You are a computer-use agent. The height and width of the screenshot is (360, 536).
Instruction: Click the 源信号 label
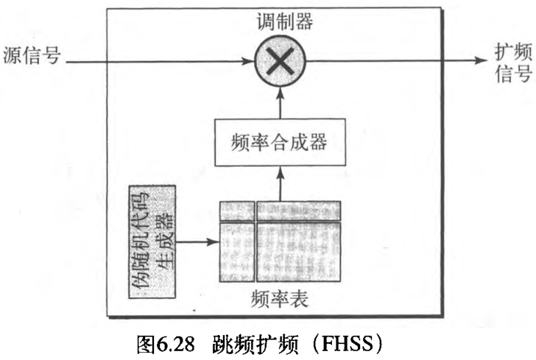click(31, 56)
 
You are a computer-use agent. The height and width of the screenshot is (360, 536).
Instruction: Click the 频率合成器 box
click(280, 141)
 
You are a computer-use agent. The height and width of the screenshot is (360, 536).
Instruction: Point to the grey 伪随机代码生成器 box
click(153, 242)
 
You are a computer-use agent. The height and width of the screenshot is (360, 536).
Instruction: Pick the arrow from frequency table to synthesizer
click(280, 183)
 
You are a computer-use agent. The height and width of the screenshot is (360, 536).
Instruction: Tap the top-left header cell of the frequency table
click(236, 211)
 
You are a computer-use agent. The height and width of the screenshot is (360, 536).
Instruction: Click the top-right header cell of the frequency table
click(298, 211)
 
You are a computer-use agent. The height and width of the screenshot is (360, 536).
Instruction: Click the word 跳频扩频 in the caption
click(254, 342)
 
